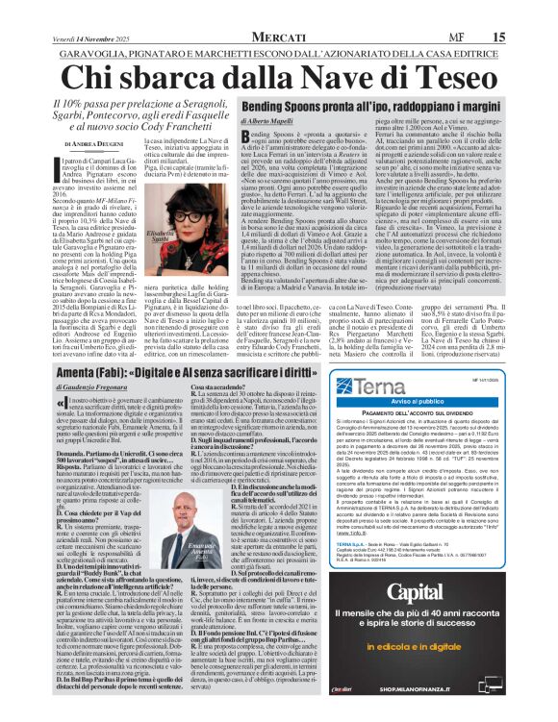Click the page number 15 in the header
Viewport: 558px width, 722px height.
527,10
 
